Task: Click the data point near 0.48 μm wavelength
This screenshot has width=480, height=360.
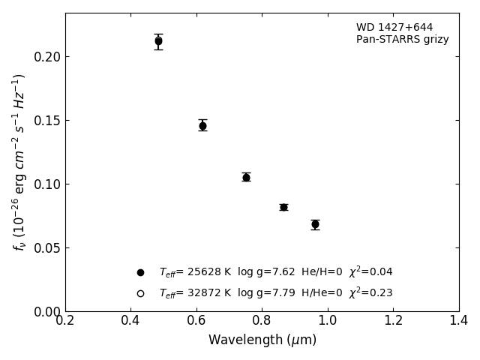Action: (x=158, y=41)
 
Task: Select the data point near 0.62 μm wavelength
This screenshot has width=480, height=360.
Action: (x=202, y=125)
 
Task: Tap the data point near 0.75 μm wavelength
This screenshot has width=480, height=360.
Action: (x=246, y=177)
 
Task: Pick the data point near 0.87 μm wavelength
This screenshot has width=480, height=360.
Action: (x=283, y=207)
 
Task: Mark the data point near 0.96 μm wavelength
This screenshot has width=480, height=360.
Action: (x=315, y=224)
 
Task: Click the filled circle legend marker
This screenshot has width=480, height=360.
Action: (x=140, y=272)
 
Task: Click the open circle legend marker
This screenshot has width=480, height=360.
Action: (x=140, y=293)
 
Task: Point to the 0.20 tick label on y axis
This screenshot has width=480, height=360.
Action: (x=46, y=57)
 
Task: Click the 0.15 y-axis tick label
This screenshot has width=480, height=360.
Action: (x=46, y=121)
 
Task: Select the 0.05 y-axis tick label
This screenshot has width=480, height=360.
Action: (x=46, y=248)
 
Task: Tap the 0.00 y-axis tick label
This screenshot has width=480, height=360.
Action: (x=46, y=311)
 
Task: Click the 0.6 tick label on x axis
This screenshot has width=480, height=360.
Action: (x=196, y=321)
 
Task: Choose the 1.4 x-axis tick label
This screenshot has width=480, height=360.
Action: (x=458, y=321)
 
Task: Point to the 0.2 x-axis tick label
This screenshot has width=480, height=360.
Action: (x=65, y=321)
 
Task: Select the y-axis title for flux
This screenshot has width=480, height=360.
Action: (x=19, y=162)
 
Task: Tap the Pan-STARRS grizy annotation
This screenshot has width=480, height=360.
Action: (x=402, y=40)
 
